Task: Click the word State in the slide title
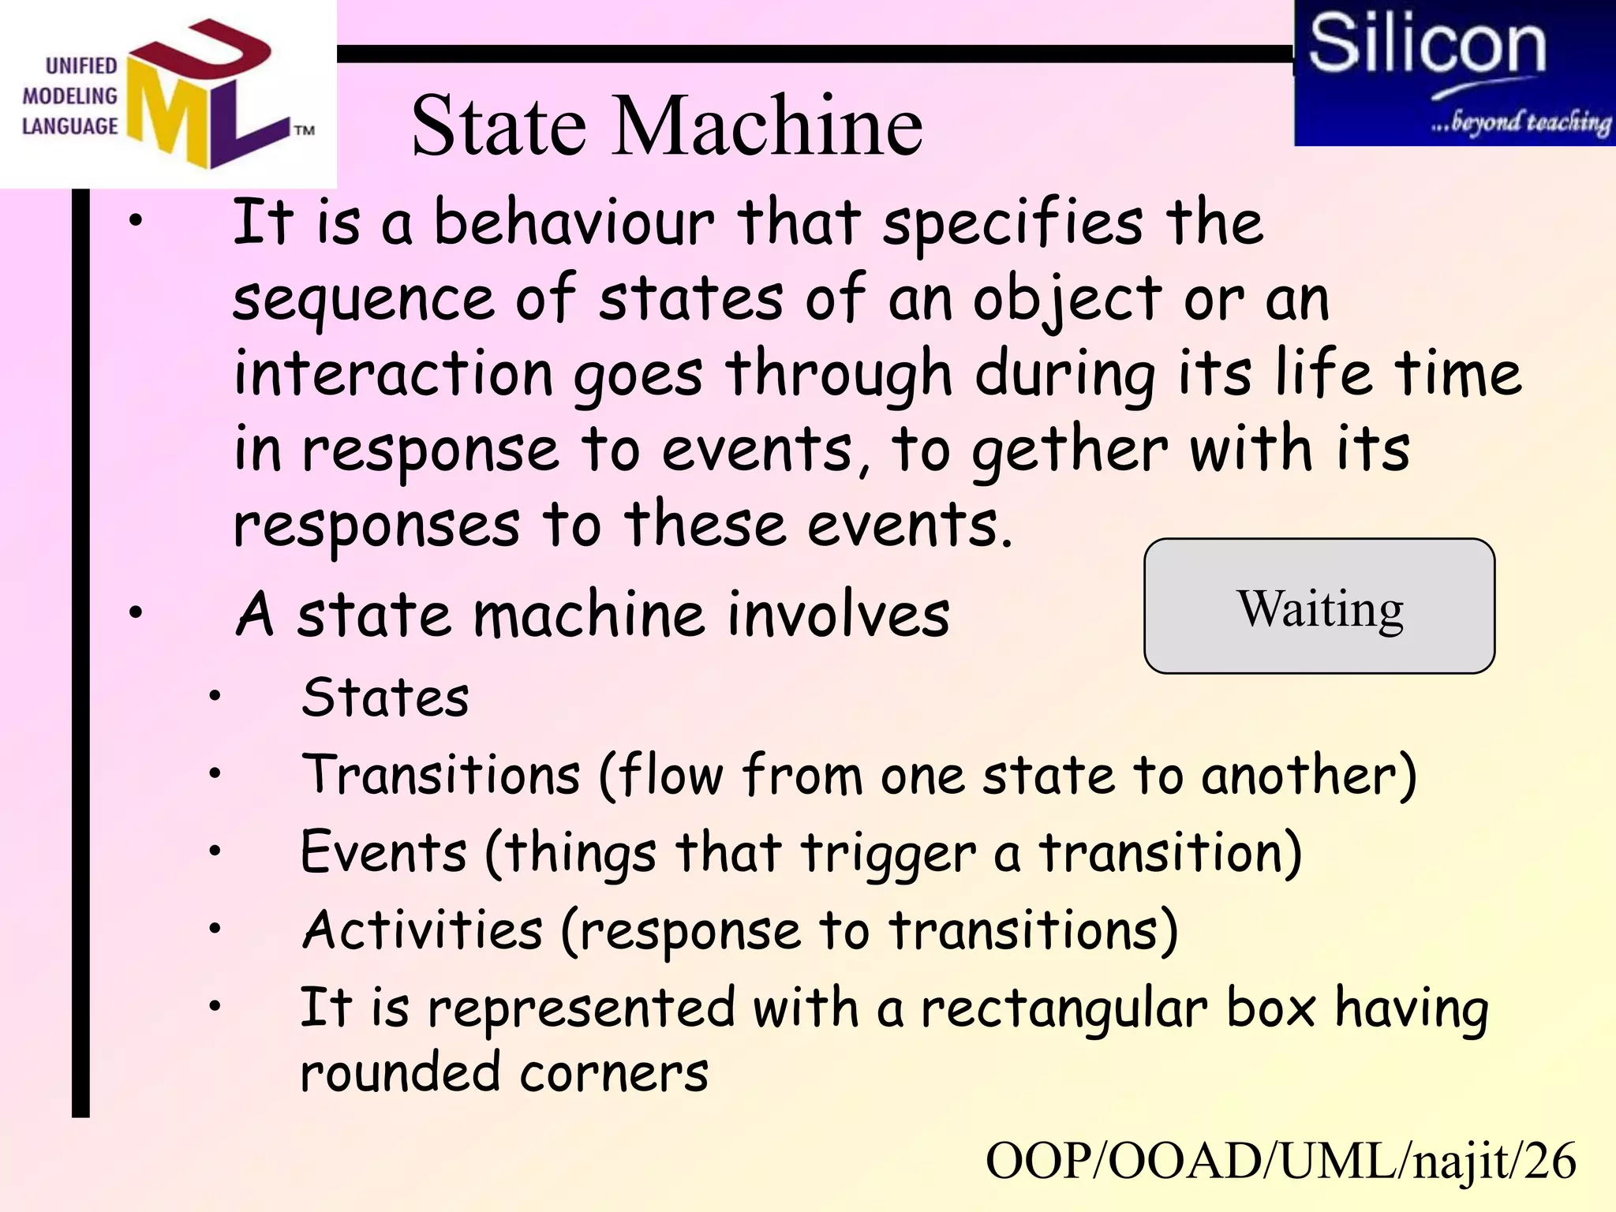click(499, 126)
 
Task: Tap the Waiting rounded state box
click(1319, 606)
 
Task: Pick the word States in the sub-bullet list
click(385, 698)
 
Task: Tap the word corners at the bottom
click(614, 1073)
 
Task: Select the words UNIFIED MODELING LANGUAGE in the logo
click(69, 96)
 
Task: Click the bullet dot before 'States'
click(214, 696)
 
